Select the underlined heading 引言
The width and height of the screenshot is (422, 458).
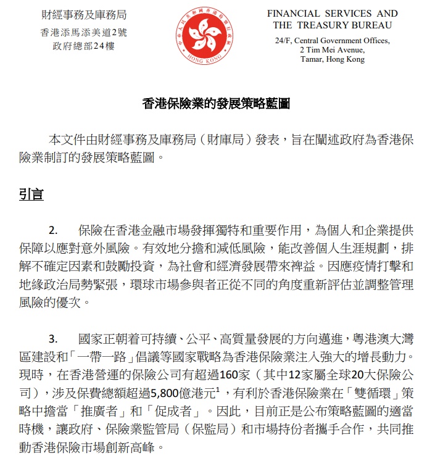click(31, 195)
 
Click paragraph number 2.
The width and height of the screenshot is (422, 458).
click(54, 231)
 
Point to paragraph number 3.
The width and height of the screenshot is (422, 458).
click(54, 339)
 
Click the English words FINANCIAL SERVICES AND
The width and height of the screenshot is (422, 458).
click(341, 14)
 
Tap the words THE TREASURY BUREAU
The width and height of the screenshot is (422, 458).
click(332, 26)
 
